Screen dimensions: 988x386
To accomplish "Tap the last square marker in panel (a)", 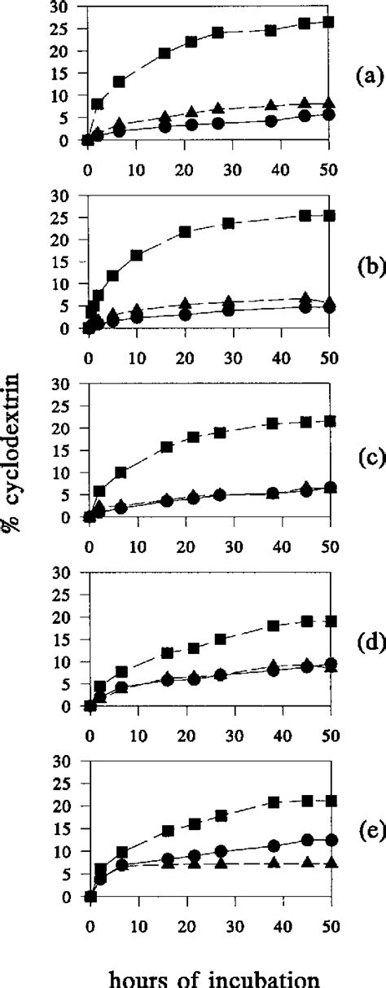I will point(328,22).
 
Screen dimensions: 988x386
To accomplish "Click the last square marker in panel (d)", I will point(328,643).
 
